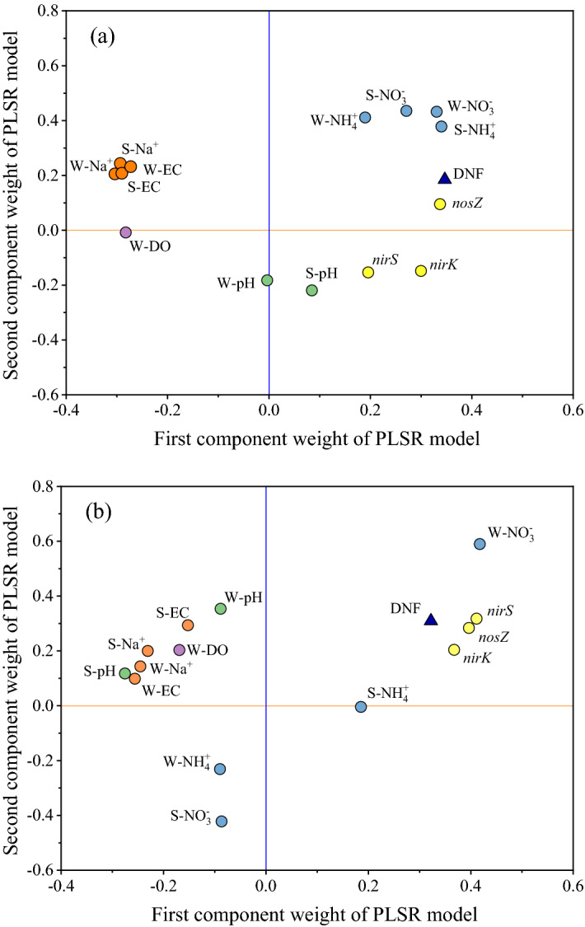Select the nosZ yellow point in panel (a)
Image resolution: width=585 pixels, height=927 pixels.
pyautogui.click(x=440, y=204)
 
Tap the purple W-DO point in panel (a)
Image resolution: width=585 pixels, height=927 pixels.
pyautogui.click(x=125, y=232)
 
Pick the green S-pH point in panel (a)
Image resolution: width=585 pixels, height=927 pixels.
pyautogui.click(x=311, y=290)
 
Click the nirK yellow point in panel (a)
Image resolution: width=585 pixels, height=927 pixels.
pyautogui.click(x=421, y=271)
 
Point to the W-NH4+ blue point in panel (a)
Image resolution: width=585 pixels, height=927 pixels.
pyautogui.click(x=365, y=118)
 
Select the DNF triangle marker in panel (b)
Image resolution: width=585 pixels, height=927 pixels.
pyautogui.click(x=430, y=620)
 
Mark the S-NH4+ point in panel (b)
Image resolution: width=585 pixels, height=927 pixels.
pyautogui.click(x=361, y=707)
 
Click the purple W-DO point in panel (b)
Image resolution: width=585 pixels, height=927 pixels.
pyautogui.click(x=180, y=650)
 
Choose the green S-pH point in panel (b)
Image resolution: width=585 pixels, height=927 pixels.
pyautogui.click(x=125, y=673)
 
